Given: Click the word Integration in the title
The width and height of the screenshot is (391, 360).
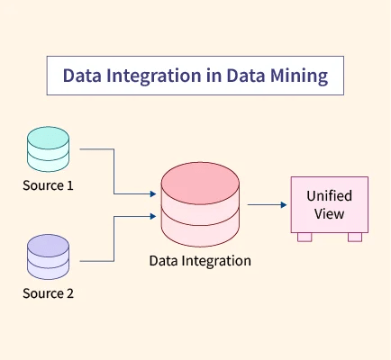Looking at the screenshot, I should pos(149,76).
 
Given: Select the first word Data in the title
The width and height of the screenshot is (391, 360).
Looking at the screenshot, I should pos(82,76).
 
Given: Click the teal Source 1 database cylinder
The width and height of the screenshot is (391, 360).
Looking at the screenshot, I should pos(48,150).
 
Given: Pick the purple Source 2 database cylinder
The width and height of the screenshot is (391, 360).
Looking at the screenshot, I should pos(48,258).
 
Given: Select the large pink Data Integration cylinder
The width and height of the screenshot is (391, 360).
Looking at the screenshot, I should pos(200,204).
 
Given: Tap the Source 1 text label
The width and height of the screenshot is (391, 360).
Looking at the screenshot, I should pos(48,186).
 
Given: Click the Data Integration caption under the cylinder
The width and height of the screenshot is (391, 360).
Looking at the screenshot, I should pos(200,261).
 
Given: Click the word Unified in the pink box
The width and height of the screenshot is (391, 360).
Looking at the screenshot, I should pos(329,196).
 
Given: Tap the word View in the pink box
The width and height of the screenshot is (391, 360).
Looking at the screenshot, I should pos(329,214).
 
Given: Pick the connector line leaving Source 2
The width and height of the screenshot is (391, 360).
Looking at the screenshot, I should pos(113,238).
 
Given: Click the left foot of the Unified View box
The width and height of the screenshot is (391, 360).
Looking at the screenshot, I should pos(305,238).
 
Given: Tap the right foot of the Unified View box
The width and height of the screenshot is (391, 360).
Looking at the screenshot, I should pos(354,238).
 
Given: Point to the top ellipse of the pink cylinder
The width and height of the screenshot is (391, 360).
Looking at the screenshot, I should pos(200,180).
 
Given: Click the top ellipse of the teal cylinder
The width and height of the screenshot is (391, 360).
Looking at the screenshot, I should pos(48,138).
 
